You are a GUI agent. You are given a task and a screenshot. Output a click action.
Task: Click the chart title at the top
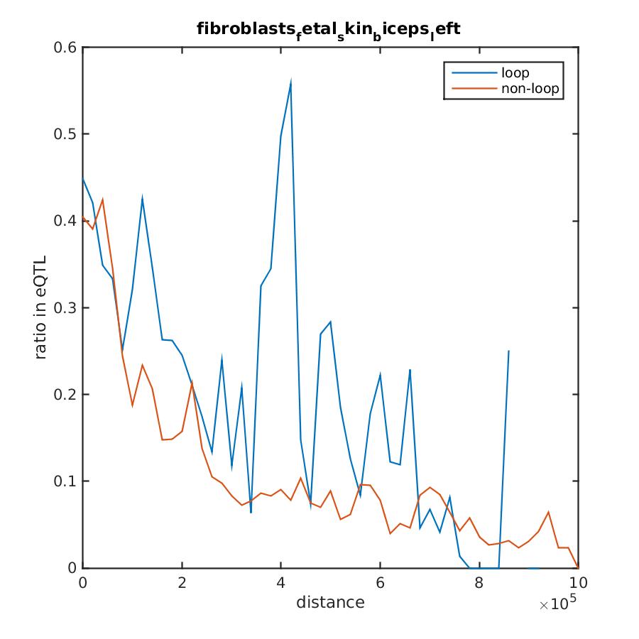pyautogui.click(x=330, y=30)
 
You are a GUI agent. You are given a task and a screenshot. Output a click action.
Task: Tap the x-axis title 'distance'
pyautogui.click(x=330, y=603)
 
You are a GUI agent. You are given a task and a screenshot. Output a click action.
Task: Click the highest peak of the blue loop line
pyautogui.click(x=291, y=81)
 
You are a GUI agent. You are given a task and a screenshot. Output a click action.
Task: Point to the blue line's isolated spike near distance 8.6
pyautogui.click(x=508, y=351)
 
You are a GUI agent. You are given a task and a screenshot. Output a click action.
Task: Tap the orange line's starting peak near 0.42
pyautogui.click(x=102, y=200)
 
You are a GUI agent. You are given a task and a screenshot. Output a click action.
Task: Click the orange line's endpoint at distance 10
pyautogui.click(x=578, y=567)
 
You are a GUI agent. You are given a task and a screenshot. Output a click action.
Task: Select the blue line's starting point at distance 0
pyautogui.click(x=83, y=178)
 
